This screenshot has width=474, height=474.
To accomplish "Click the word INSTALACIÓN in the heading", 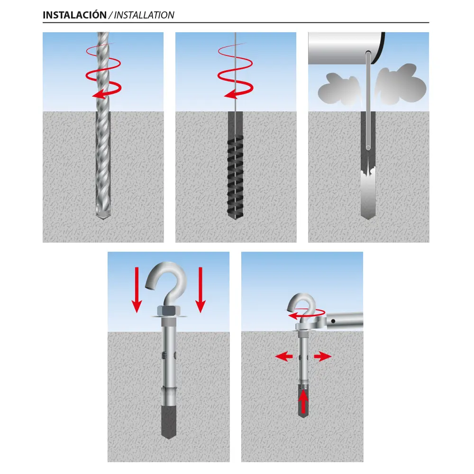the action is point(74,15).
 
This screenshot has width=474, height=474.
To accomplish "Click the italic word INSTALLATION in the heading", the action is point(144,15).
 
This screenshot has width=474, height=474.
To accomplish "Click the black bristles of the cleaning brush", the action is point(235,177).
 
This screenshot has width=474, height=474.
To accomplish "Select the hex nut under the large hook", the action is point(168,311).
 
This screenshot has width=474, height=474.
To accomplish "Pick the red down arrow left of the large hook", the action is point(137,290).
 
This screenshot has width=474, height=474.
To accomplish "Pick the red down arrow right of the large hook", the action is point(200,290).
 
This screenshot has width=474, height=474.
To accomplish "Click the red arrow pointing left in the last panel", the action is point(284,357).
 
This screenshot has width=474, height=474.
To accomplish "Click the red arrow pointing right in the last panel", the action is point(323,357).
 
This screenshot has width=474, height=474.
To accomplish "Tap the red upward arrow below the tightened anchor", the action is point(303,401).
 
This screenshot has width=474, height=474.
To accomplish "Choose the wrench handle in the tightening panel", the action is point(345,320).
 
